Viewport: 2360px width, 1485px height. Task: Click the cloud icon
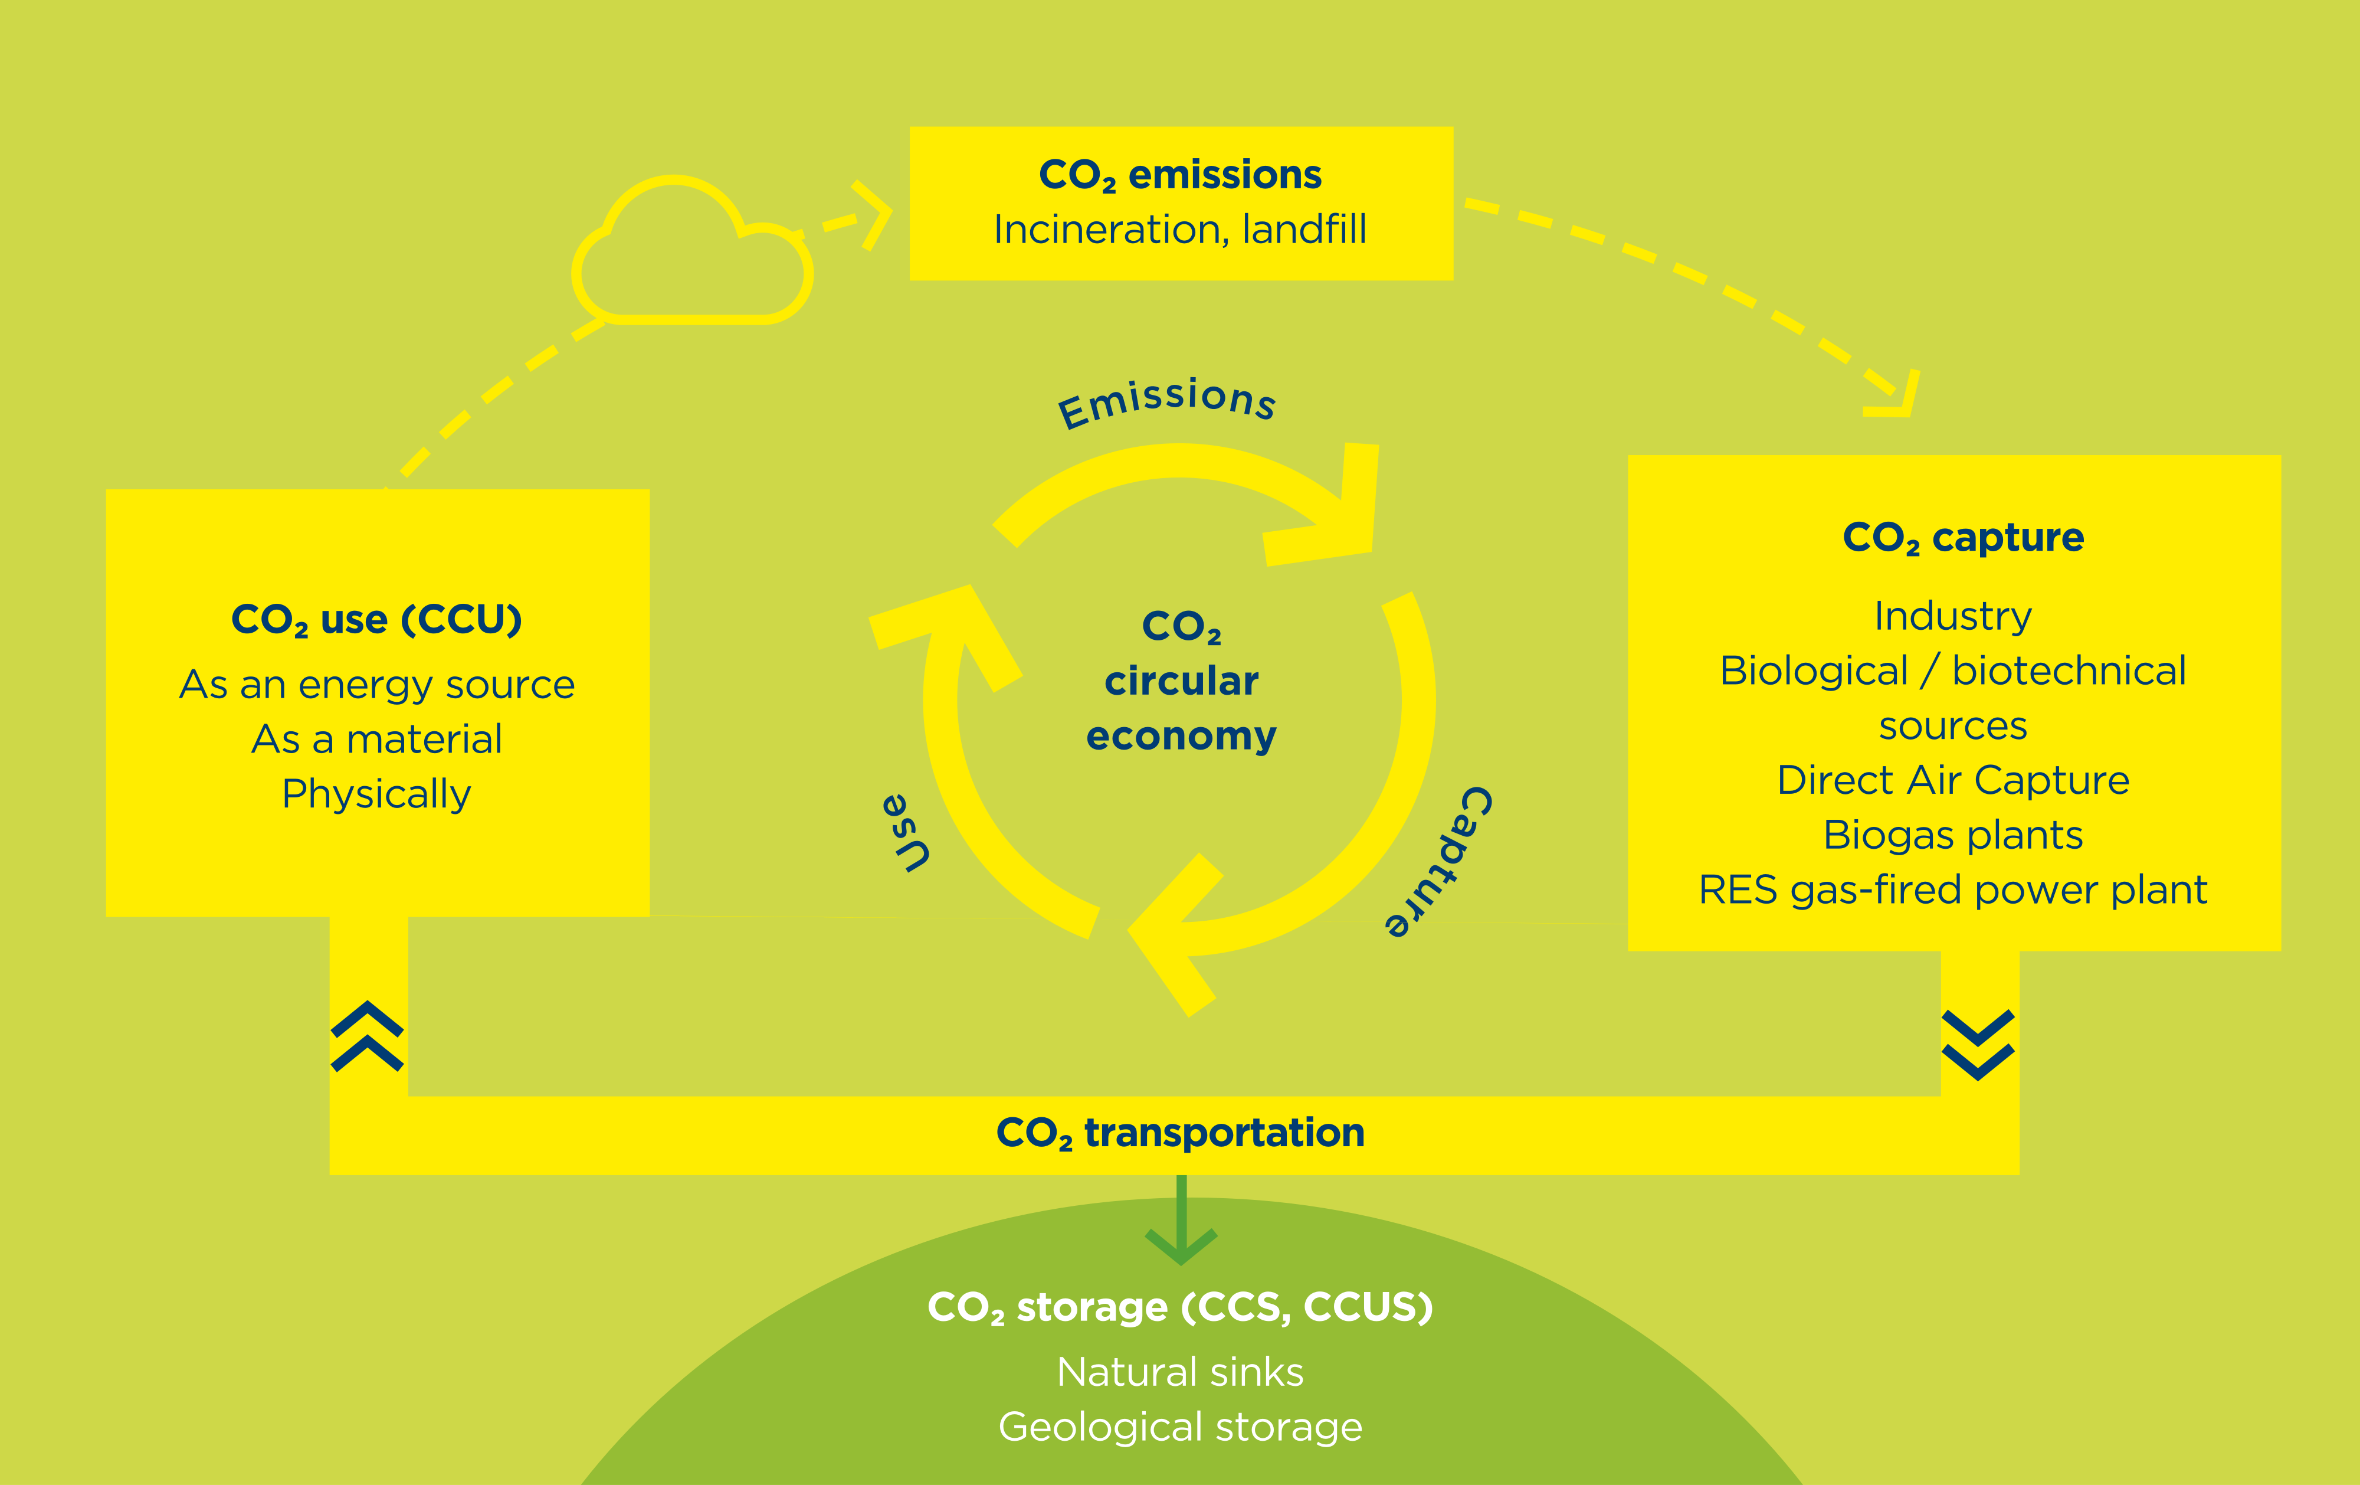[x=692, y=257]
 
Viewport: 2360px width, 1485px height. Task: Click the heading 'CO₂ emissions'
[x=1180, y=175]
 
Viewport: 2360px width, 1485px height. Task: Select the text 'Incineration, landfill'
[x=1180, y=230]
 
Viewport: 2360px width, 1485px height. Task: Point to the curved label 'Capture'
[x=1439, y=862]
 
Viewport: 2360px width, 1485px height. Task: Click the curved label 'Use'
[x=907, y=833]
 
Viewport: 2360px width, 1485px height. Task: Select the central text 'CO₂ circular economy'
[x=1181, y=681]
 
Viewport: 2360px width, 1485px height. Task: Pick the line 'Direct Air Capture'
[x=1952, y=780]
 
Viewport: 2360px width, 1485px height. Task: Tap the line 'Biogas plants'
[x=1952, y=835]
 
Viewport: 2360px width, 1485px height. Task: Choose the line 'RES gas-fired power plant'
[x=1952, y=890]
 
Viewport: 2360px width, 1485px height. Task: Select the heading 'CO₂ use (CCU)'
[x=376, y=620]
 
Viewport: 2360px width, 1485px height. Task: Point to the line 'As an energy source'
[x=376, y=684]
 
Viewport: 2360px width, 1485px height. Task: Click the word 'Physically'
[x=376, y=794]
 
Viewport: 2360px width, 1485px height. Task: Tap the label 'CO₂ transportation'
[x=1180, y=1133]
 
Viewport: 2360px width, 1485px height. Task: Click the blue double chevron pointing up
[x=368, y=1036]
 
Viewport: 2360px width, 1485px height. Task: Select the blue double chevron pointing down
[x=1978, y=1045]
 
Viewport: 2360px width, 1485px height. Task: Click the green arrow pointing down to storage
[x=1181, y=1225]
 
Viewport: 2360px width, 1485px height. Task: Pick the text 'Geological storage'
[x=1180, y=1427]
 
